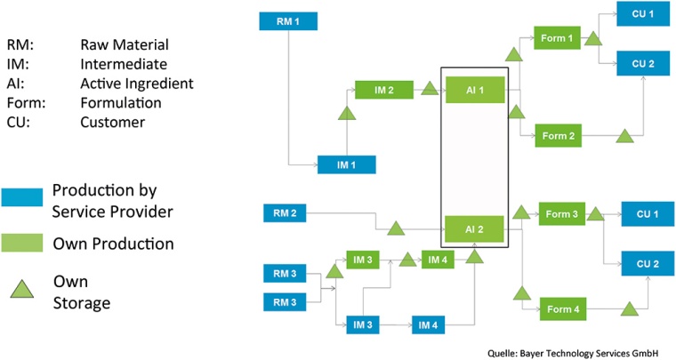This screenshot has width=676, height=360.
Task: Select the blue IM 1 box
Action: pyautogui.click(x=347, y=164)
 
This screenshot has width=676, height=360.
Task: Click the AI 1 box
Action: pyautogui.click(x=473, y=90)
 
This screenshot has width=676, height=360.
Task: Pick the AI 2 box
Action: pyautogui.click(x=473, y=229)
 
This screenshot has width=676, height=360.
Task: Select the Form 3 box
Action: pyautogui.click(x=562, y=214)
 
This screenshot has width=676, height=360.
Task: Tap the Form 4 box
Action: pyautogui.click(x=562, y=310)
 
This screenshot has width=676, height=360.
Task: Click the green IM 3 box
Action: pyautogui.click(x=362, y=260)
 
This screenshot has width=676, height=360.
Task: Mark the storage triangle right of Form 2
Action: pyautogui.click(x=626, y=136)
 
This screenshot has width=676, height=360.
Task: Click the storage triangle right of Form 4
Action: pyautogui.click(x=631, y=308)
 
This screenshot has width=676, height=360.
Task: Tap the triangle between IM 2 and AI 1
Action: pyautogui.click(x=430, y=89)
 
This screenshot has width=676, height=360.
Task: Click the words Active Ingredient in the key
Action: pyautogui.click(x=136, y=84)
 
